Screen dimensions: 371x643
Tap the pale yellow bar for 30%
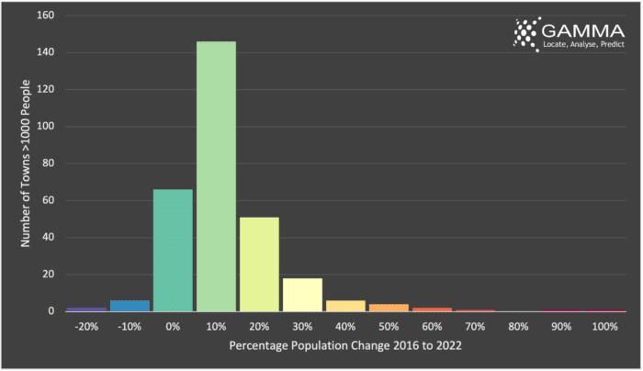[302, 294]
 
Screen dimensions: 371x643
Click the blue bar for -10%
[130, 306]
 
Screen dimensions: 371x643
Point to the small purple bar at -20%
[86, 309]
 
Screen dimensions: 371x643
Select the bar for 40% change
[345, 306]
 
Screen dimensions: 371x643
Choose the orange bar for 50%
[389, 308]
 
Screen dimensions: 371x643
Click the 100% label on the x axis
[604, 327]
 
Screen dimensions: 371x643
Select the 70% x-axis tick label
[475, 327]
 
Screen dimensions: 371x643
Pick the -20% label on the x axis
[85, 327]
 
